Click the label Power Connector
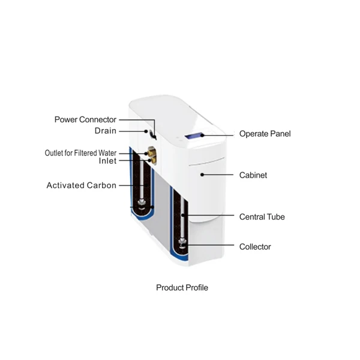pos(85,119)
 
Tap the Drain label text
pos(105,131)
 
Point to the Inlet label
pos(107,161)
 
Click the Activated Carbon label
pos(82,185)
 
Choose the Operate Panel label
pos(265,134)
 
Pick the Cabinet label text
pos(253,175)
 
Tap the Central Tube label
pos(262,217)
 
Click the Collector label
pos(255,247)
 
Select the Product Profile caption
pos(182,288)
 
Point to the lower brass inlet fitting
pos(151,160)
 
